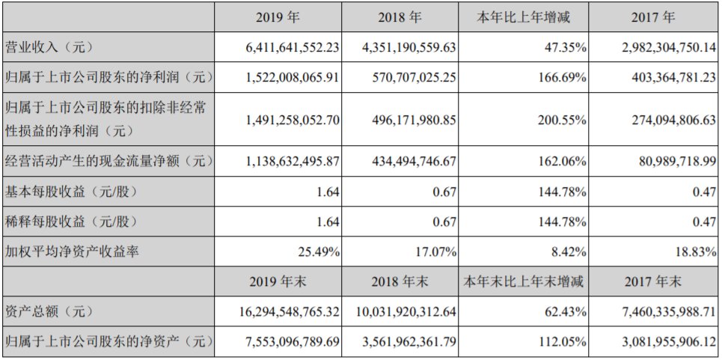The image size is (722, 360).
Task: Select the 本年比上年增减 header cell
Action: pos(523,16)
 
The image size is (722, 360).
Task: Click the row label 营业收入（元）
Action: pos(47,46)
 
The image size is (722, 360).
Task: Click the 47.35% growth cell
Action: pos(568,46)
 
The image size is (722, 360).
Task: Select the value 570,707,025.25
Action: pos(409,76)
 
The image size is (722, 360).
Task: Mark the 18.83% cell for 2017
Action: pos(695,252)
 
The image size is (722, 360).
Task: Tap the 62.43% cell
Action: pos(568,311)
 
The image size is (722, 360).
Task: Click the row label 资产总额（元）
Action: pos(47,311)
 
